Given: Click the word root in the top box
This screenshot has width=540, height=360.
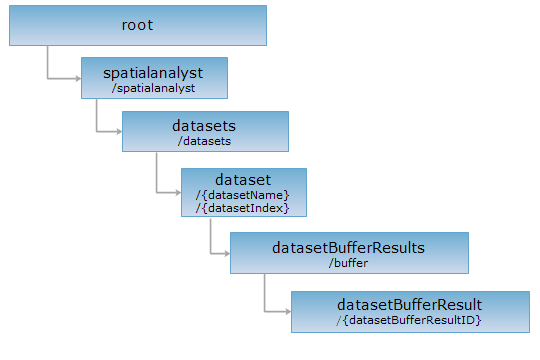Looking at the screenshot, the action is [137, 25].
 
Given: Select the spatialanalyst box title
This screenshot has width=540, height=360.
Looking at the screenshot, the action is [153, 73].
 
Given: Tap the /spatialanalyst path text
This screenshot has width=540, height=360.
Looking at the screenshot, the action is [153, 88].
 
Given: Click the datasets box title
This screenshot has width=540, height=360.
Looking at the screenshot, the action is [204, 126].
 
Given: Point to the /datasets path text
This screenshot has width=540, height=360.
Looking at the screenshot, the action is [204, 141].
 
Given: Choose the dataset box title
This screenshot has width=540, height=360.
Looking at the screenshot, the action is [243, 180].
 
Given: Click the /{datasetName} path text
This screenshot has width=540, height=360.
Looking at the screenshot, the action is [242, 195].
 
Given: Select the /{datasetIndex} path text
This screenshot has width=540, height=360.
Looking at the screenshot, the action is [242, 208].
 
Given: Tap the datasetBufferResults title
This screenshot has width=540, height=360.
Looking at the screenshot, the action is [349, 248].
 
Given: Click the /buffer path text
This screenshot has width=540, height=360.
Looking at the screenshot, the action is [349, 263].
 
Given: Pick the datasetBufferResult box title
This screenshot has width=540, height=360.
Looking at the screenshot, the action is [409, 305].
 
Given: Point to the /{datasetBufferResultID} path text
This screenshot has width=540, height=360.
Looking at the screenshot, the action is [409, 320].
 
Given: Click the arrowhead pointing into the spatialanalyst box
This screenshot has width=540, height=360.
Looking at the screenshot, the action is [79, 79].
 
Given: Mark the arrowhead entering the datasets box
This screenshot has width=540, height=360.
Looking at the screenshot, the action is [120, 131].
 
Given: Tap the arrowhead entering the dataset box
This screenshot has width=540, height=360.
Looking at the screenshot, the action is [178, 193].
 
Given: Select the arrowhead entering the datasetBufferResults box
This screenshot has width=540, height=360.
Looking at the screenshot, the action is [227, 254].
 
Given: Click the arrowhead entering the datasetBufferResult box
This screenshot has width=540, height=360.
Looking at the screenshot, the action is [288, 312].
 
